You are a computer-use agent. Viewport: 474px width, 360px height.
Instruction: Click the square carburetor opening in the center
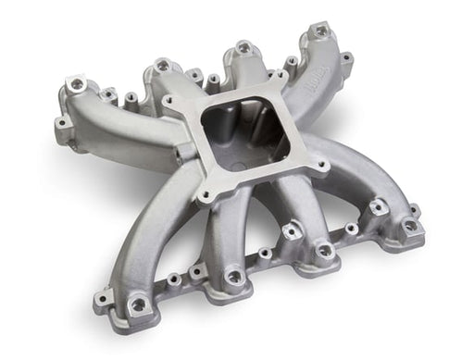coord(242,135)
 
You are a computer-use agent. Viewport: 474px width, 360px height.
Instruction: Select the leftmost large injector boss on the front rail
coord(140,304)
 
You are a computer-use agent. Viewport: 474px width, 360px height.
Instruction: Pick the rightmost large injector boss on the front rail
coord(379,208)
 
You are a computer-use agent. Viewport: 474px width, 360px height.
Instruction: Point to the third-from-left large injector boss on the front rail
coord(323,250)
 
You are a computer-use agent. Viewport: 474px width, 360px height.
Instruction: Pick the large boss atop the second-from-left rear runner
coord(163,66)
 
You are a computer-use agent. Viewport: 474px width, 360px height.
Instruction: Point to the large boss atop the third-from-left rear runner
coord(243,46)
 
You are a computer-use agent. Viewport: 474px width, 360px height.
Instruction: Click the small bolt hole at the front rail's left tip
coord(99,301)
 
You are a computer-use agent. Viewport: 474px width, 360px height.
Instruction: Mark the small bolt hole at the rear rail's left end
coord(60,122)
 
